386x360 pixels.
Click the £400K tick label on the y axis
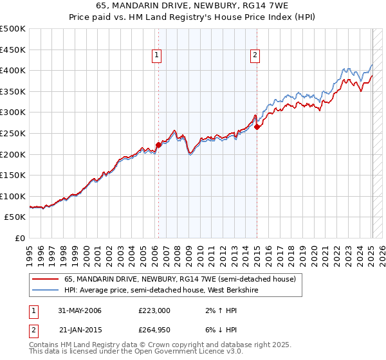13,70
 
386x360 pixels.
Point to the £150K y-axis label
13,175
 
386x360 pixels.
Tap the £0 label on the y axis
20,238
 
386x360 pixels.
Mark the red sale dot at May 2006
158,145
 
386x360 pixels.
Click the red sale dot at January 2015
257,127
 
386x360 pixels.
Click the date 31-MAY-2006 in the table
80,310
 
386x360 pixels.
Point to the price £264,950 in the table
154,330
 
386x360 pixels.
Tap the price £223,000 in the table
154,310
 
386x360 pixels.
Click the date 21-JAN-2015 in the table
80,330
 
